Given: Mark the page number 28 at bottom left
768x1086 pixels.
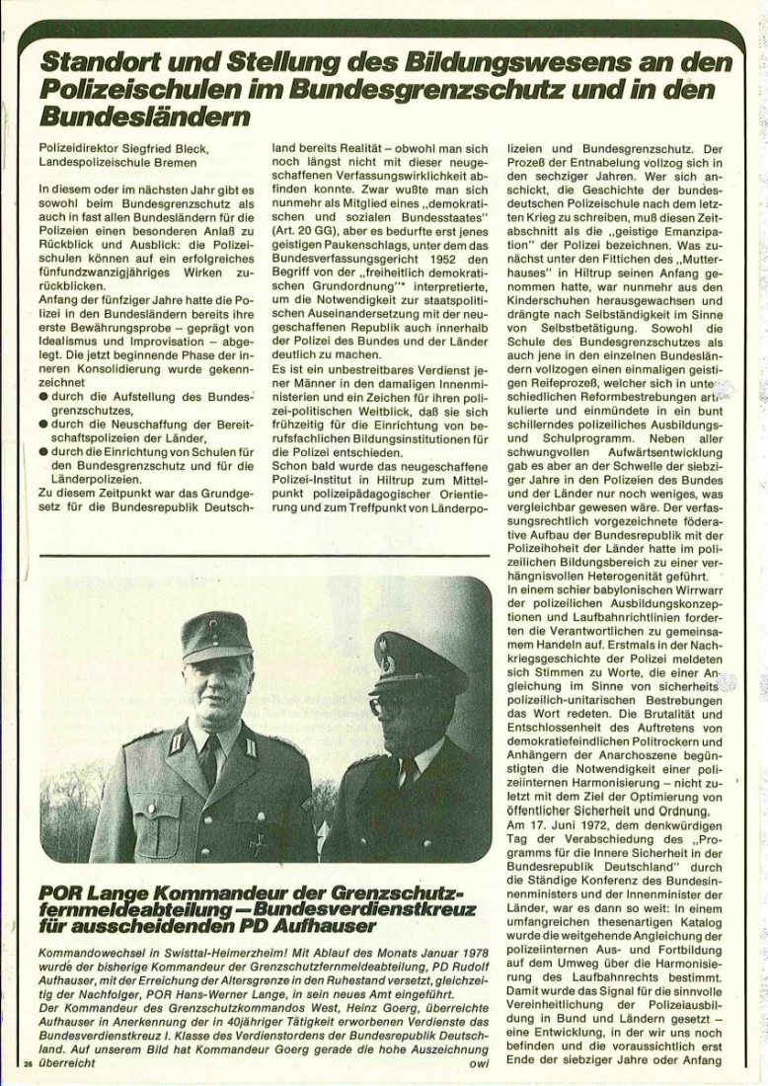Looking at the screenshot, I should (x=29, y=1065).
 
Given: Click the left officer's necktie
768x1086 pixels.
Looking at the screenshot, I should (x=210, y=760).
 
